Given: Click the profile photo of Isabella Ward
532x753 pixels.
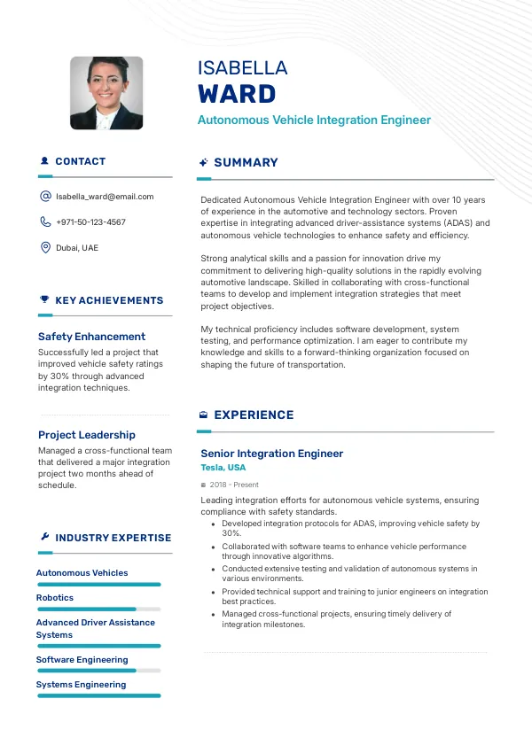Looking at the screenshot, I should [x=106, y=93].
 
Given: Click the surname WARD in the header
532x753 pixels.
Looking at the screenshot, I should [x=237, y=94].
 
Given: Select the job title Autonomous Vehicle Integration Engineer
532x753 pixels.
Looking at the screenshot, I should [x=314, y=120].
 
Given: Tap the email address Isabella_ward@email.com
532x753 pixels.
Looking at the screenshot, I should [x=105, y=197].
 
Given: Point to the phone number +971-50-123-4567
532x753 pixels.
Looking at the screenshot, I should [x=90, y=222].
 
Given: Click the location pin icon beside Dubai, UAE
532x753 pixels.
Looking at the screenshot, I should [x=45, y=248].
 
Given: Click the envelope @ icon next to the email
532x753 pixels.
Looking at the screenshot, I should [x=45, y=197].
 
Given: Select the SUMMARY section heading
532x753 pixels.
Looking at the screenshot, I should [x=246, y=163].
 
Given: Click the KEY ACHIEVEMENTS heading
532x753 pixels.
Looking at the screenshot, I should [x=109, y=300].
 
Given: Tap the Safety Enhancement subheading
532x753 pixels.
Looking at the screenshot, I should [x=91, y=337].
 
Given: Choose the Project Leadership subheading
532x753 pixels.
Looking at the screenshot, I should [x=87, y=435].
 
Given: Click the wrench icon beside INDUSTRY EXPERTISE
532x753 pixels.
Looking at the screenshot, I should [x=44, y=538].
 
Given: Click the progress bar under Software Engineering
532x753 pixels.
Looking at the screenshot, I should [x=98, y=671].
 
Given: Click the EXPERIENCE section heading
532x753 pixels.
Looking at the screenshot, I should [x=254, y=415].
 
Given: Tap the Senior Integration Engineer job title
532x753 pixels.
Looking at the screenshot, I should [x=271, y=454].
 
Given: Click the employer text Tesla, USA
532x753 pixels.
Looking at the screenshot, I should [x=223, y=468].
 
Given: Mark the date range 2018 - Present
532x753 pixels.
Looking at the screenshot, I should [x=234, y=485].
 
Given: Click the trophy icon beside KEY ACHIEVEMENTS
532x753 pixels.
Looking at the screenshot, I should [x=44, y=300].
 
